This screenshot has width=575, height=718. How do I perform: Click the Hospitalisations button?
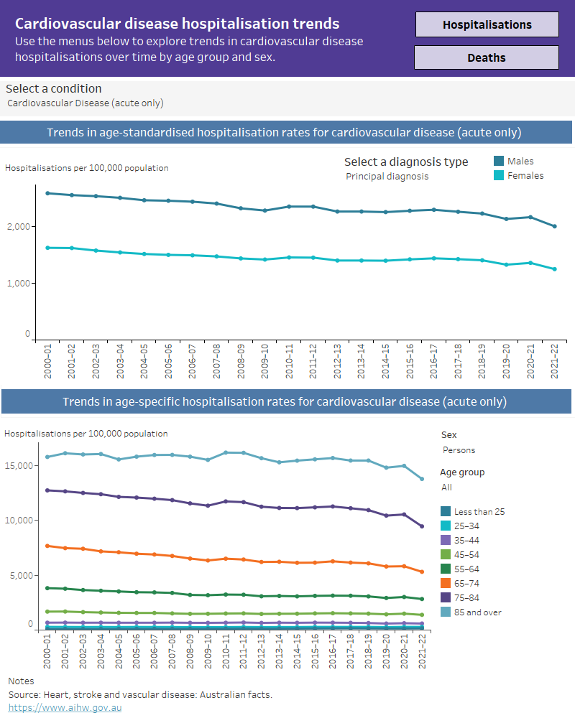(487, 24)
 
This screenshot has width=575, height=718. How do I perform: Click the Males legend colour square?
(499, 161)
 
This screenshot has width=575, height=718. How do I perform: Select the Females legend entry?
(525, 175)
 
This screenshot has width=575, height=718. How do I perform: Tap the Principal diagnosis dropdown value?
(387, 176)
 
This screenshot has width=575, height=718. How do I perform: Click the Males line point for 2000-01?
(47, 193)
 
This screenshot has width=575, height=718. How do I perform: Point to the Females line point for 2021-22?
(554, 269)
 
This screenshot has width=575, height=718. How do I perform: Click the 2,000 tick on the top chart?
(19, 227)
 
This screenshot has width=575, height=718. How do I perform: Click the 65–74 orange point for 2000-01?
(47, 546)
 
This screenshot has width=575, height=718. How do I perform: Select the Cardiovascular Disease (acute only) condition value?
(85, 103)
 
